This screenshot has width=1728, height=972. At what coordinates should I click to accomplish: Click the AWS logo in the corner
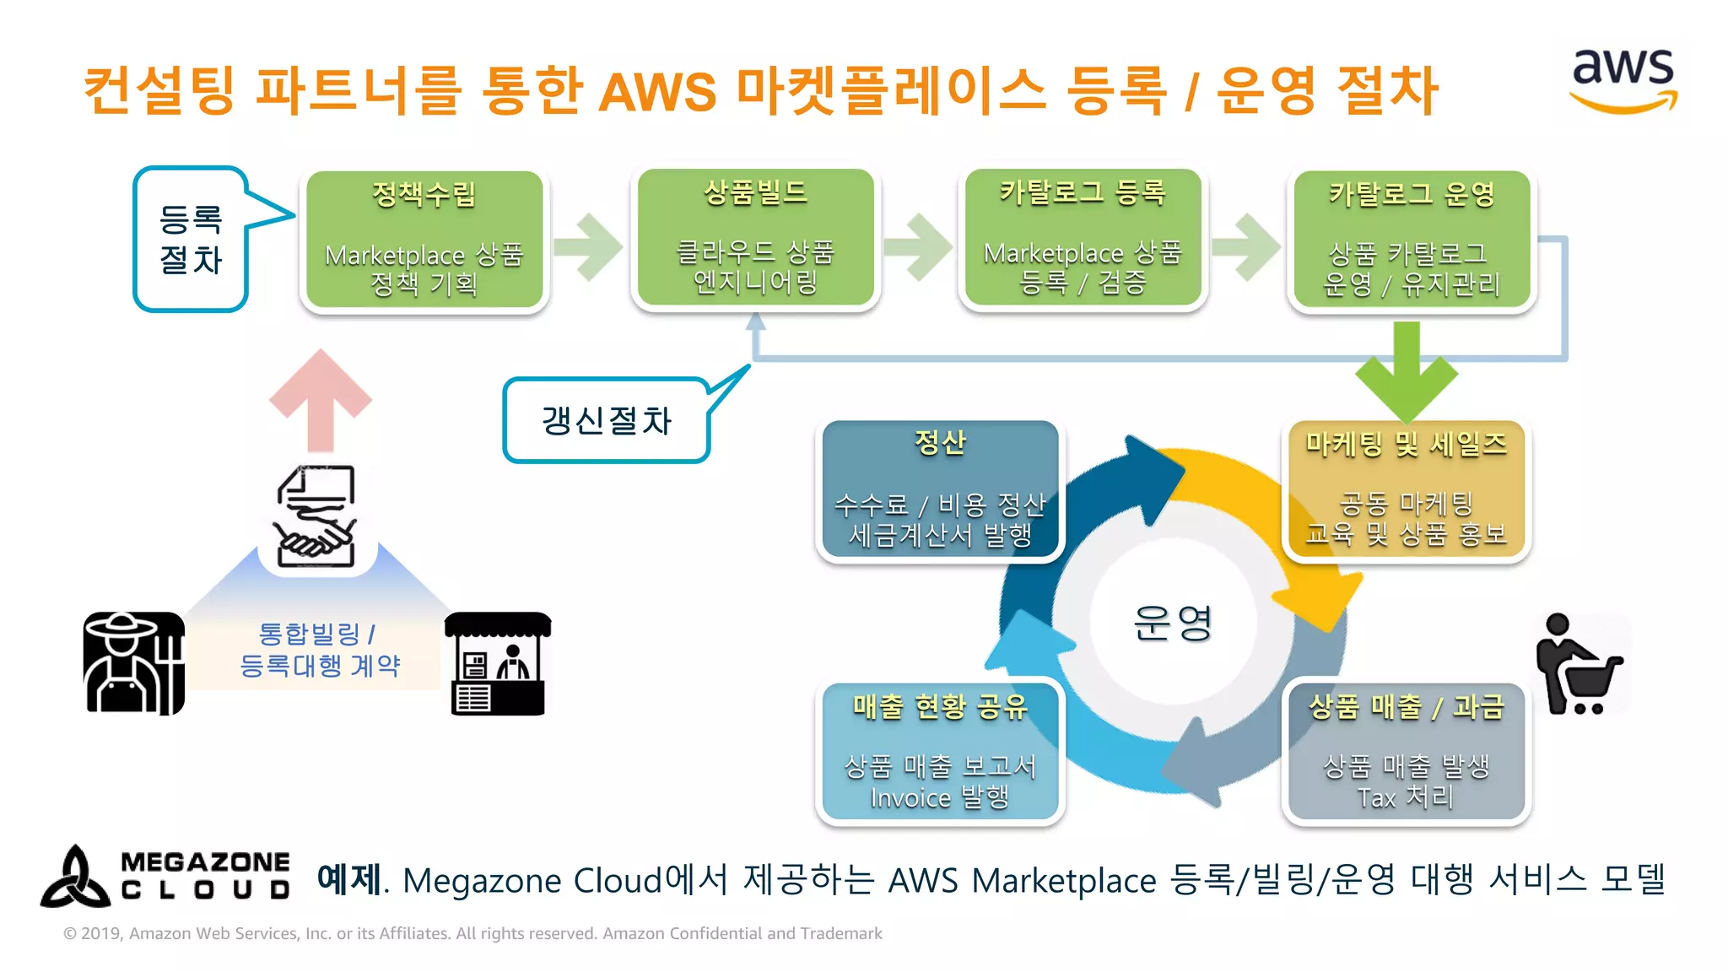point(1623,81)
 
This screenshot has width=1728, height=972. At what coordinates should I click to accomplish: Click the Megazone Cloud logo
point(165,877)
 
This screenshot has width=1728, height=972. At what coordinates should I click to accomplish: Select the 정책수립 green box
point(424,240)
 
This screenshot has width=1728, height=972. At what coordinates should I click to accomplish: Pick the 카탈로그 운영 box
point(1411,240)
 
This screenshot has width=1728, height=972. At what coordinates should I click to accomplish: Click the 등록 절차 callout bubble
point(192,240)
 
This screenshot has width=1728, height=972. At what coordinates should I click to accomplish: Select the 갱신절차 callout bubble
point(606,420)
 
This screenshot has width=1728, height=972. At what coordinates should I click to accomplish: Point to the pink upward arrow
point(321,400)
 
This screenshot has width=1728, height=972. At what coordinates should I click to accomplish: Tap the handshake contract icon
point(316,516)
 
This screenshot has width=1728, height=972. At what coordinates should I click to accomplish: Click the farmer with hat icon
point(133,663)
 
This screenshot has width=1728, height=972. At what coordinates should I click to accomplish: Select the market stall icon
point(498,663)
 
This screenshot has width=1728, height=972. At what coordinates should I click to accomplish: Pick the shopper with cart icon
point(1576,665)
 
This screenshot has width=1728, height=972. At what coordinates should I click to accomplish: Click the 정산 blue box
point(940,489)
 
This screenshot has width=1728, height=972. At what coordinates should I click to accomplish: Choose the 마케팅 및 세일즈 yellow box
point(1406,489)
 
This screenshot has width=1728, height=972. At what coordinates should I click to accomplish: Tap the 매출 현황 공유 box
point(940,751)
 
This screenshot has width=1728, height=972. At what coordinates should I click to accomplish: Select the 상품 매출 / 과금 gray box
point(1406,751)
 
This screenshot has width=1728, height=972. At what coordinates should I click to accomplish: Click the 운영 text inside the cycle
point(1173,623)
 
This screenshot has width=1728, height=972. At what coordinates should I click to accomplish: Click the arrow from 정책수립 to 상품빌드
point(589,246)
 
